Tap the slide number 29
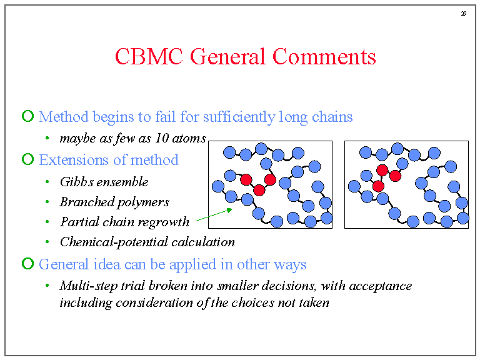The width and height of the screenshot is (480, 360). pyautogui.click(x=464, y=13)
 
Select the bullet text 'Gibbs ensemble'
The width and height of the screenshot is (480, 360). pyautogui.click(x=104, y=182)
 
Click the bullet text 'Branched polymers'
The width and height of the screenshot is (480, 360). pyautogui.click(x=114, y=202)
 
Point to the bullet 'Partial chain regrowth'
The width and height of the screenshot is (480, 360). pyautogui.click(x=124, y=222)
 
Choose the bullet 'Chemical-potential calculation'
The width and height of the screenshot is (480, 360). pyautogui.click(x=147, y=242)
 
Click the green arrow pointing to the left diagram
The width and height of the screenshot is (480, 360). pyautogui.click(x=214, y=214)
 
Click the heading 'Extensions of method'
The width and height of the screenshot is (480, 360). pyautogui.click(x=109, y=160)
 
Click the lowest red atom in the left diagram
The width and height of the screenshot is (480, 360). pyautogui.click(x=259, y=190)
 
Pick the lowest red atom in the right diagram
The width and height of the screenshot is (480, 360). pyautogui.click(x=378, y=186)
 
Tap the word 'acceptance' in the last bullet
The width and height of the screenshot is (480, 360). pyautogui.click(x=382, y=286)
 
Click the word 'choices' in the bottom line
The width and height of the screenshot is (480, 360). pyautogui.click(x=244, y=302)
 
